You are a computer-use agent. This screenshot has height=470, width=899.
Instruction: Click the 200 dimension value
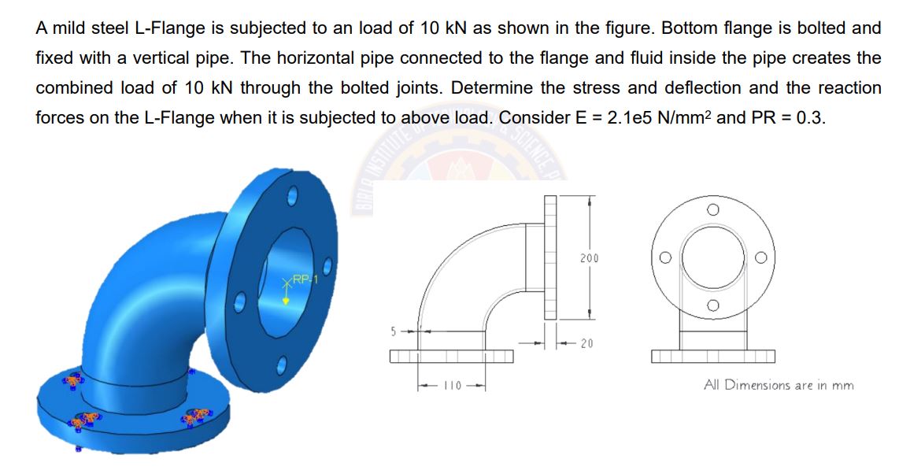[x=590, y=258]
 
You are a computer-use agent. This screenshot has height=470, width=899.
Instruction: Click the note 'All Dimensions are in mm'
[x=778, y=385]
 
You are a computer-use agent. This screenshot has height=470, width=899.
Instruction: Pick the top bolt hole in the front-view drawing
[x=712, y=209]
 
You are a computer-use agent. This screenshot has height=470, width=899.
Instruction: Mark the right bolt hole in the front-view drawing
[x=761, y=257]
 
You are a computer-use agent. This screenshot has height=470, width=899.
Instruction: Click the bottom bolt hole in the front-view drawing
[x=712, y=305]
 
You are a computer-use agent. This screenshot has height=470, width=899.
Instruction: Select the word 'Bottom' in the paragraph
[x=686, y=28]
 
